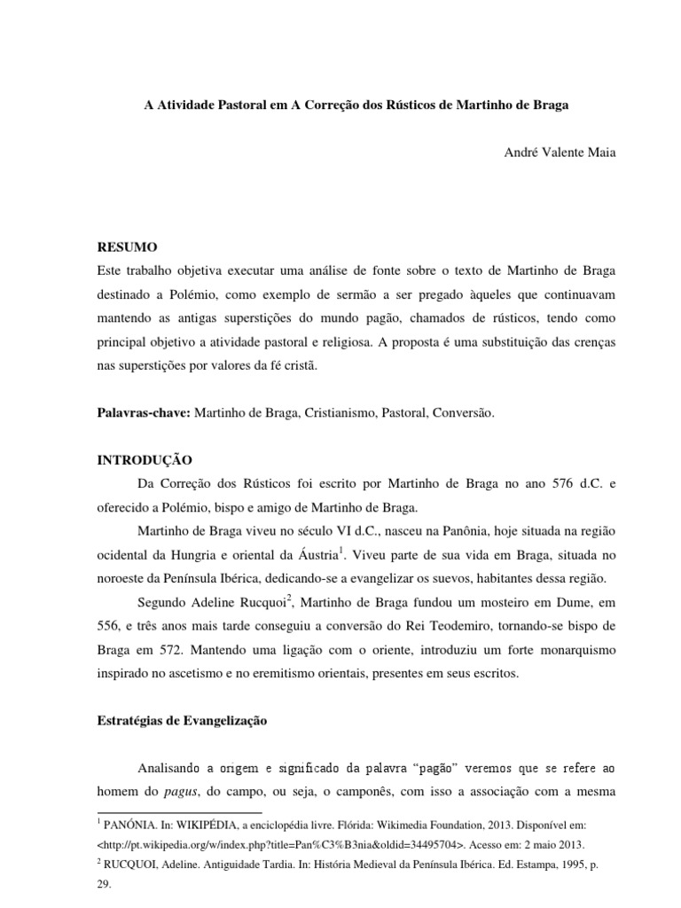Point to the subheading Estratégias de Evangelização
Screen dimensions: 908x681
click(x=182, y=722)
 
